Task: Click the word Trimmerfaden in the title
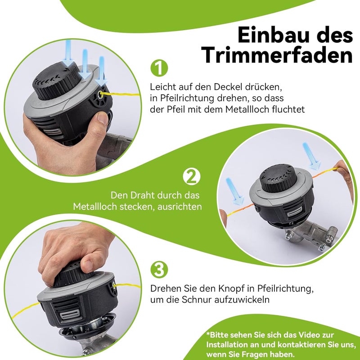coord(278,55)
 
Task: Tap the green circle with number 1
coord(159,68)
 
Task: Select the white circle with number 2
coord(192,176)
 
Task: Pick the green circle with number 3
coord(159,269)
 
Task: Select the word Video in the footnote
coord(308,335)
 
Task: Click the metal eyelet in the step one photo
coord(100,94)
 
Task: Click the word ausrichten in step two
coord(180,207)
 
